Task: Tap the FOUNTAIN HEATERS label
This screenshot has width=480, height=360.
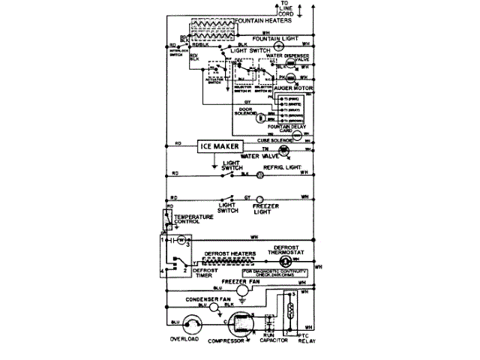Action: pos(264,21)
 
